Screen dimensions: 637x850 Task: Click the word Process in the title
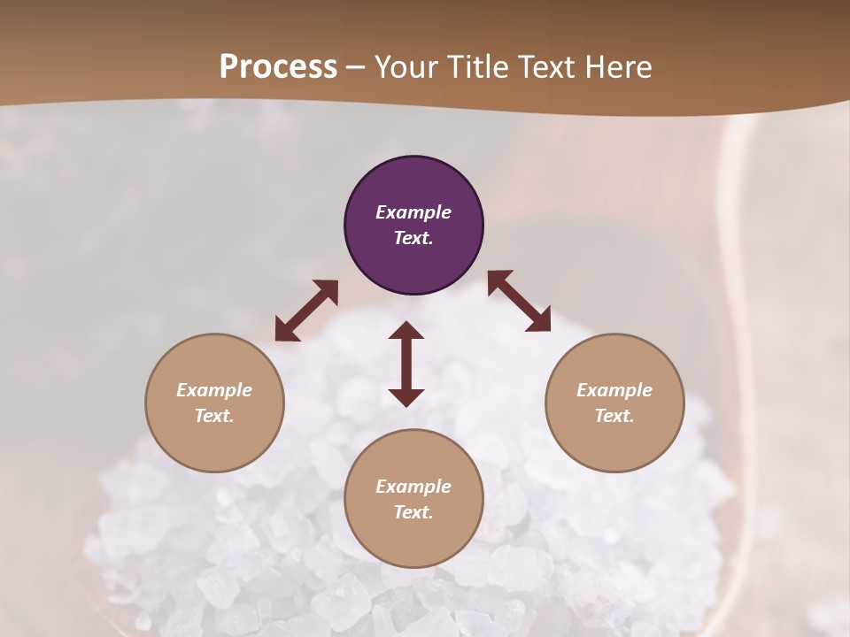point(278,67)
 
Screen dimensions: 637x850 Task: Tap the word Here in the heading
point(618,67)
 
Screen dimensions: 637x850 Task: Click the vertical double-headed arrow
point(406,364)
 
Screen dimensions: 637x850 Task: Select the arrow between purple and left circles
point(306,311)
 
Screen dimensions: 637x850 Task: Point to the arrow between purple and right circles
point(519,301)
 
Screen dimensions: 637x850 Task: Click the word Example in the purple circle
point(413,212)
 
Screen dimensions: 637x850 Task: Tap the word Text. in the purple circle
point(413,238)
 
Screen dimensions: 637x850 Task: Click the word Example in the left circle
point(214,390)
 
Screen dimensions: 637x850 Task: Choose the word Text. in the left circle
point(214,416)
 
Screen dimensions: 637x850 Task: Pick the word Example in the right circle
point(614,390)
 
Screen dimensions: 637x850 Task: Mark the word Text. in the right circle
point(614,416)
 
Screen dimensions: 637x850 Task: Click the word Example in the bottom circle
point(413,487)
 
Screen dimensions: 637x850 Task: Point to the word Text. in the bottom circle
point(413,512)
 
